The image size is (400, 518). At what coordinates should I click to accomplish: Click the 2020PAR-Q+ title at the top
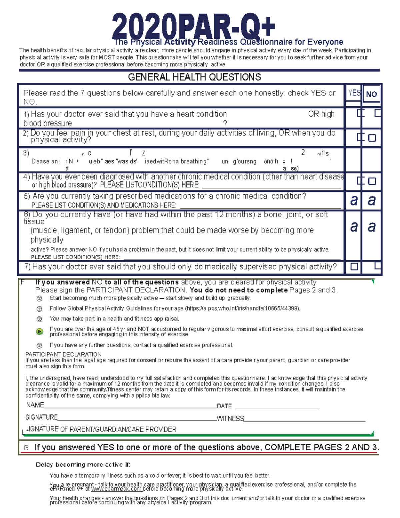[193, 27]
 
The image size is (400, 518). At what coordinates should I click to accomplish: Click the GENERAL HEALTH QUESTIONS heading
[194, 77]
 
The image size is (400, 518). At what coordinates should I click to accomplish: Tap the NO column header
[371, 94]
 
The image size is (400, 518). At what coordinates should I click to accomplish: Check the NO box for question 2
[372, 138]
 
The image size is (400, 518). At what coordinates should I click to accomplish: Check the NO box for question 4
[372, 181]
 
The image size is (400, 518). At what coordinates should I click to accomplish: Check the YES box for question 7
[354, 267]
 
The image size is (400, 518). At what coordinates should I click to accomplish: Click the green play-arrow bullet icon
[40, 332]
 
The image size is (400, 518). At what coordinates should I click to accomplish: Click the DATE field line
[277, 408]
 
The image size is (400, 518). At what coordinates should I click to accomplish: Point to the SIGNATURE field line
[137, 419]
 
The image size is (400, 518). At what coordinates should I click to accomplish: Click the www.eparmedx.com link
[116, 489]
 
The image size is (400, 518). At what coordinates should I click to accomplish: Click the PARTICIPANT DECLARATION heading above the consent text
[63, 354]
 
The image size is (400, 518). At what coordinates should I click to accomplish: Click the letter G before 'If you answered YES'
[26, 448]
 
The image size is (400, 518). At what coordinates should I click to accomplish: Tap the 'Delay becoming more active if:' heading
[83, 465]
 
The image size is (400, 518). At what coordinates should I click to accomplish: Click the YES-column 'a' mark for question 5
[354, 200]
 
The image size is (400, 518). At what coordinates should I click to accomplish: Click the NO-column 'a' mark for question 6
[372, 227]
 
